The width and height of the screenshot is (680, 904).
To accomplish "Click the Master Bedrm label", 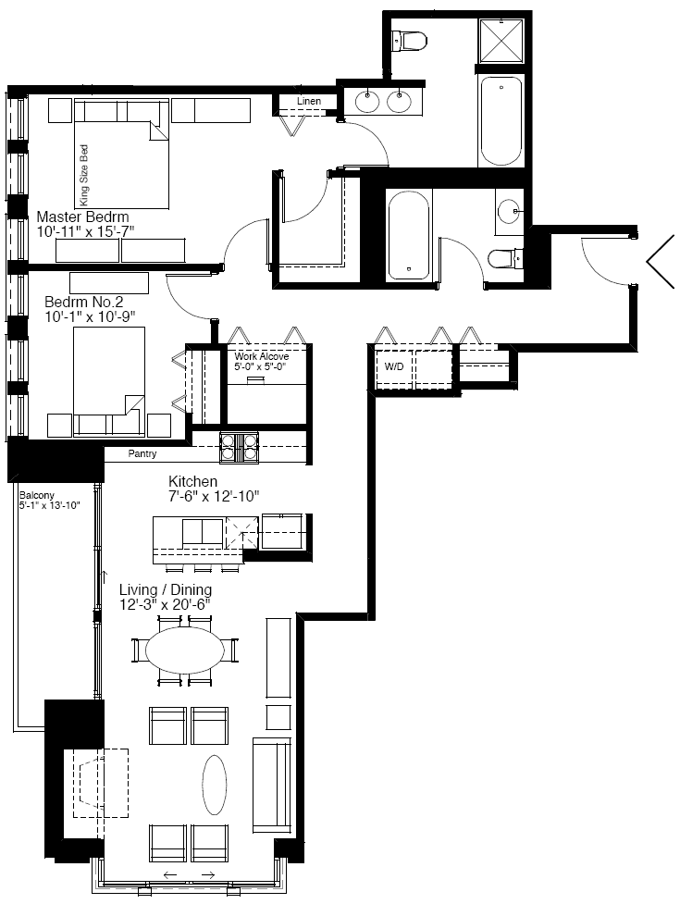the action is coord(82,217).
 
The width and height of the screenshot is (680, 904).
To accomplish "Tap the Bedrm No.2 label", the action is coord(83,302).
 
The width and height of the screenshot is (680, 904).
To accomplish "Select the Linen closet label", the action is coord(309,101).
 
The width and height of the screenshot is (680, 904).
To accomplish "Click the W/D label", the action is coord(394,366).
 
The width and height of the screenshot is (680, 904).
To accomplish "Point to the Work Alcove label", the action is coord(262,357).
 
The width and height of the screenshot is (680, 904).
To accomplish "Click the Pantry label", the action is coord(142,453).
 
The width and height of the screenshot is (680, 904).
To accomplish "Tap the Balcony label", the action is coord(36,495).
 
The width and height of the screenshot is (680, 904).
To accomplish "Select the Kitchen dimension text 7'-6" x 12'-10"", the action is coord(214,496).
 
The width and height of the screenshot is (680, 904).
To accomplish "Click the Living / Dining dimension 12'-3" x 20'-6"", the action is coord(164,605).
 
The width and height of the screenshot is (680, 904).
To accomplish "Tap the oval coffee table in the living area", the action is coord(215,785).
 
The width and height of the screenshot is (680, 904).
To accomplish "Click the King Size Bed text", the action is coord(85,175).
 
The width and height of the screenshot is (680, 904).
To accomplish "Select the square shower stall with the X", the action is coord(502,40).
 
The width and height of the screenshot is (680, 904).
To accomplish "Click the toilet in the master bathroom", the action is coord(410,40).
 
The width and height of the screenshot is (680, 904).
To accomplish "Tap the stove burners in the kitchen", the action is coord(239,448).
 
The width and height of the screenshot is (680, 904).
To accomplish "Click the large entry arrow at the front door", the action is coord(661,262).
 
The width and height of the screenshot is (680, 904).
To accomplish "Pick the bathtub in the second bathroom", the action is coord(410,234).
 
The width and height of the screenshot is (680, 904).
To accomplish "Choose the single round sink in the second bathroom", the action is coord(509,212).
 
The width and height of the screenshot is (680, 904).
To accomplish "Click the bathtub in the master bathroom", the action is coord(501,120).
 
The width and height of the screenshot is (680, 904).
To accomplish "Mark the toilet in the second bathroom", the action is coord(504,259).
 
